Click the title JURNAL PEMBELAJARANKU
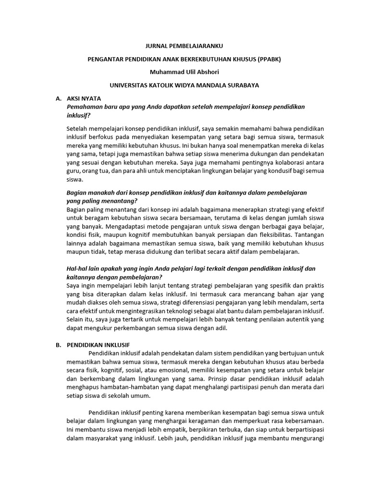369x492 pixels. pyautogui.click(x=184, y=47)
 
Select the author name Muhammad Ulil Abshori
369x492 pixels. pyautogui.click(x=184, y=72)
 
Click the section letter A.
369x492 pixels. pyautogui.click(x=58, y=98)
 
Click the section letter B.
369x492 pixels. pyautogui.click(x=58, y=344)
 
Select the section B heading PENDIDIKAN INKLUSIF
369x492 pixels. pyautogui.click(x=98, y=344)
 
